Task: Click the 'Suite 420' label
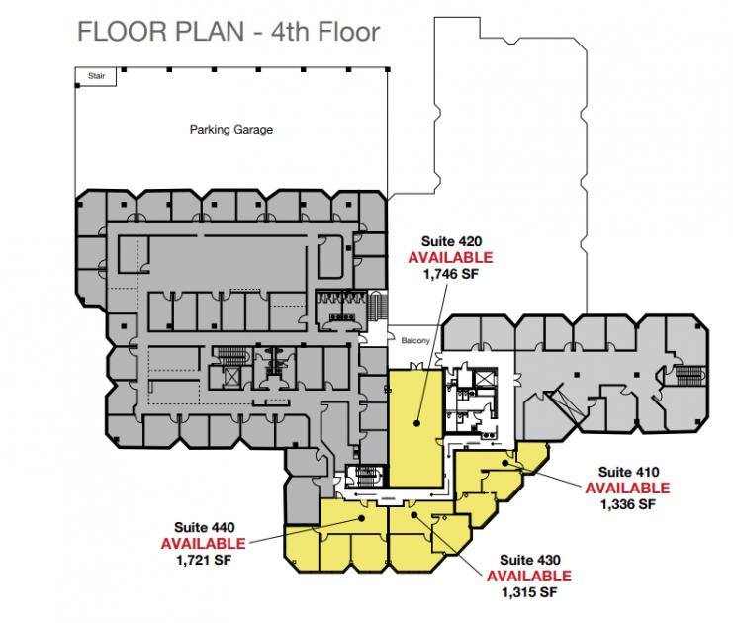451,241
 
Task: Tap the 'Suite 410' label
628,472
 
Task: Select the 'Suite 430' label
529,560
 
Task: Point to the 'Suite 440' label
205,528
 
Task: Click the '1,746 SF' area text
451,274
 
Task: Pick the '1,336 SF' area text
628,504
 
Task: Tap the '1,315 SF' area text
529,592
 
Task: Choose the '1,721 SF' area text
205,560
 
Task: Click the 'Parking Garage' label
231,130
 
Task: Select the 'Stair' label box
96,77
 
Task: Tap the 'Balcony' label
415,341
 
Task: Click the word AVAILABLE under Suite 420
451,257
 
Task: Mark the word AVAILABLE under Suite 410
628,488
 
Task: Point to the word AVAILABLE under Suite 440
204,544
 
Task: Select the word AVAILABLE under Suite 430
529,576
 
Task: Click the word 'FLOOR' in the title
123,32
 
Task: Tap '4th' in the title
290,32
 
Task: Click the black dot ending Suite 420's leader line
416,424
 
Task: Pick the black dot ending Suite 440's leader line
361,518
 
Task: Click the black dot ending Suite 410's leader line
505,463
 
